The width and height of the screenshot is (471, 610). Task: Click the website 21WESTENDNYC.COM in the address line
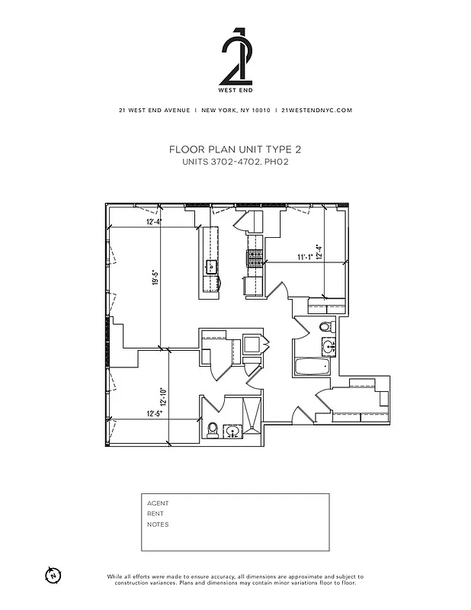[316, 110]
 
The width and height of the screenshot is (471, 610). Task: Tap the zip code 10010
[259, 110]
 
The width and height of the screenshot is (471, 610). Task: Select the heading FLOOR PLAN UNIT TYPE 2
[235, 150]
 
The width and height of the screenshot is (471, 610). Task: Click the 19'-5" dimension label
[155, 279]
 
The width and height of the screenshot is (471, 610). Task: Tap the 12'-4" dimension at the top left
[154, 222]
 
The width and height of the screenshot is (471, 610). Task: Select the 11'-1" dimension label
[306, 258]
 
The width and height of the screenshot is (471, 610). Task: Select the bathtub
[311, 367]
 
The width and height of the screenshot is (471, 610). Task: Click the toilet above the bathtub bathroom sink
[326, 328]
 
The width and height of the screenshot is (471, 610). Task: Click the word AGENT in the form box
[158, 503]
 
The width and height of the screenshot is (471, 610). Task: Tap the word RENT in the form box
[155, 514]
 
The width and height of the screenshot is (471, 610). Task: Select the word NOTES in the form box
[158, 525]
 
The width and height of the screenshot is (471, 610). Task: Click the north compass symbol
[53, 575]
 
